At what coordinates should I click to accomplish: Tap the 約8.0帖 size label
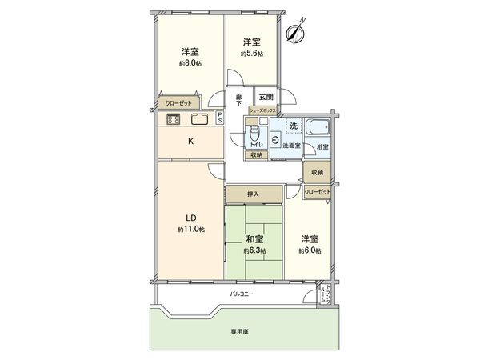[x=190, y=63]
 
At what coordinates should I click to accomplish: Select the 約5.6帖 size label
[x=253, y=54]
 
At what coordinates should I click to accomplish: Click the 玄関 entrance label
[x=266, y=97]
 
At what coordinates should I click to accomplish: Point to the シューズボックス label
[x=263, y=110]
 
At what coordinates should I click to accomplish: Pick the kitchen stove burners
[x=174, y=119]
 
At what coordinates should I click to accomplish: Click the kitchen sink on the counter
[x=199, y=119]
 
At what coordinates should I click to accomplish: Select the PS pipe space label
[x=221, y=118]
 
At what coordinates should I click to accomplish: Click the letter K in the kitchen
[x=190, y=142]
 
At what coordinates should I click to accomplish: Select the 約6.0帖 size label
[x=310, y=250]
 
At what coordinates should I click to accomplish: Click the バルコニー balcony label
[x=242, y=295]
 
